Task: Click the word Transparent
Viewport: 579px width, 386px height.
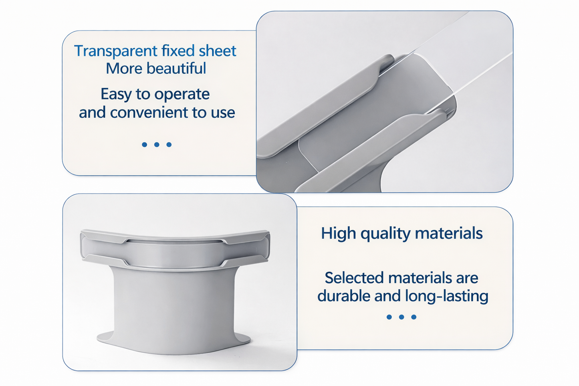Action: (116, 51)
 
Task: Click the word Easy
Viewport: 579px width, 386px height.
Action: (116, 95)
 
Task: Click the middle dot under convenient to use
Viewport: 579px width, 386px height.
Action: (157, 144)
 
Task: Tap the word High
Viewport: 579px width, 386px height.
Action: (338, 233)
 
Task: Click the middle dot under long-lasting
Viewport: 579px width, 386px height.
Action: (401, 317)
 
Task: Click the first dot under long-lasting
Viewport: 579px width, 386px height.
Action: (389, 317)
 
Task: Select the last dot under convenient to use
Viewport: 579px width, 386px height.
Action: (169, 144)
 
